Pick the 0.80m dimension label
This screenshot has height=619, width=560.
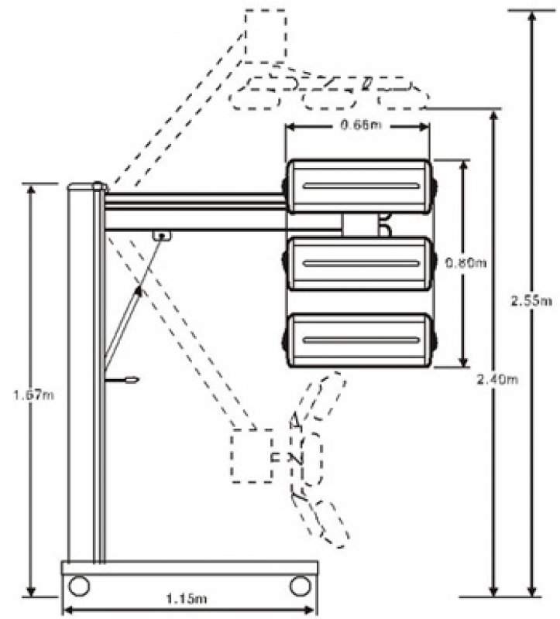465,263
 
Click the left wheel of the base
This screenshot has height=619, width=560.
79,586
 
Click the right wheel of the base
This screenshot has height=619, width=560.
300,586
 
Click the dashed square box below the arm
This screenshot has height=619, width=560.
253,457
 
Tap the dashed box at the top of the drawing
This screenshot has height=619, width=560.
265,35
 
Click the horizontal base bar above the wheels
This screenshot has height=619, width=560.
190,567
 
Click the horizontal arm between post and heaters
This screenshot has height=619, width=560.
194,210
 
